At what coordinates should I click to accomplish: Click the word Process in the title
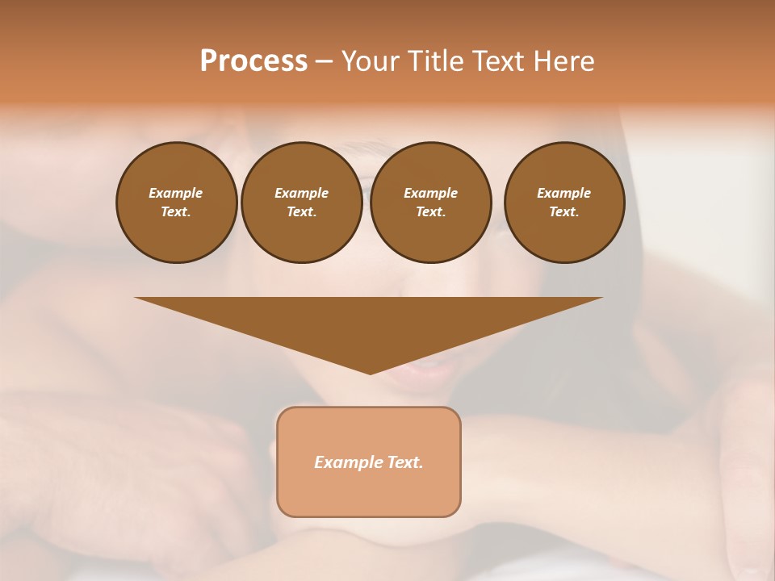253,61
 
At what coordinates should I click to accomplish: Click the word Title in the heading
434,61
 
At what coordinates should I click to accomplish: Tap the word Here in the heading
563,61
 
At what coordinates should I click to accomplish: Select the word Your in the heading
371,61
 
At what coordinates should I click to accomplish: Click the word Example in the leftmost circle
176,193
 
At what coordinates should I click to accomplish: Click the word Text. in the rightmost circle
564,211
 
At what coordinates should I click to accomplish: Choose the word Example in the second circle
302,193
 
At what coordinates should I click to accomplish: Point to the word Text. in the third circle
430,211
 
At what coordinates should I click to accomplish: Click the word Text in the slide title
498,61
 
